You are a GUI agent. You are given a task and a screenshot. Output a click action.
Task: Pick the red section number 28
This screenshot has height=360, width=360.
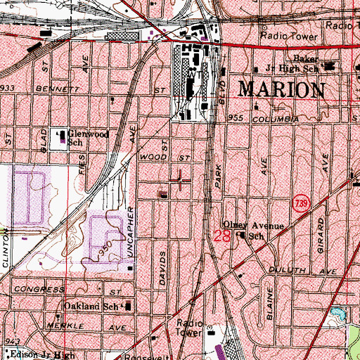point(221,237)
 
